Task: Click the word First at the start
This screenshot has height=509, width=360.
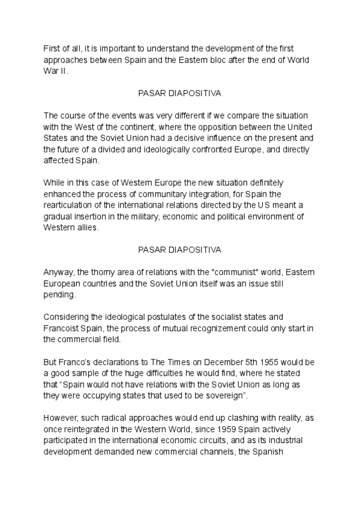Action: coord(52,48)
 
